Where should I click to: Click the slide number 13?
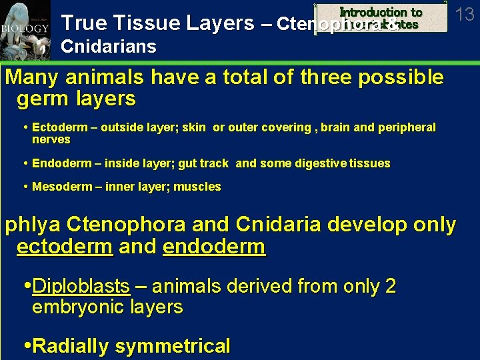(x=464, y=13)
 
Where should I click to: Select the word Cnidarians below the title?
(x=109, y=47)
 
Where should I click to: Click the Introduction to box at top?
(x=381, y=12)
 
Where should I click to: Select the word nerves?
(x=51, y=140)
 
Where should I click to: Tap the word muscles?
(x=197, y=187)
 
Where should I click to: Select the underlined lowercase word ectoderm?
(x=65, y=247)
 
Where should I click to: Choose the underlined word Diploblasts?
(x=81, y=287)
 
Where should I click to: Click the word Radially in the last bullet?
(x=71, y=346)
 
